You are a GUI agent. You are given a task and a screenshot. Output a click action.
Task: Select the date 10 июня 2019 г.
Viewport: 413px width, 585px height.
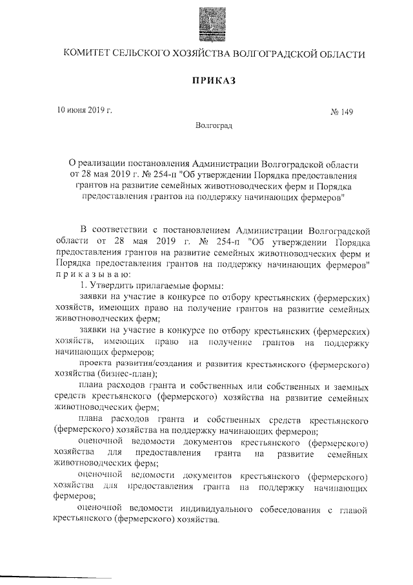pyautogui.click(x=85, y=110)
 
